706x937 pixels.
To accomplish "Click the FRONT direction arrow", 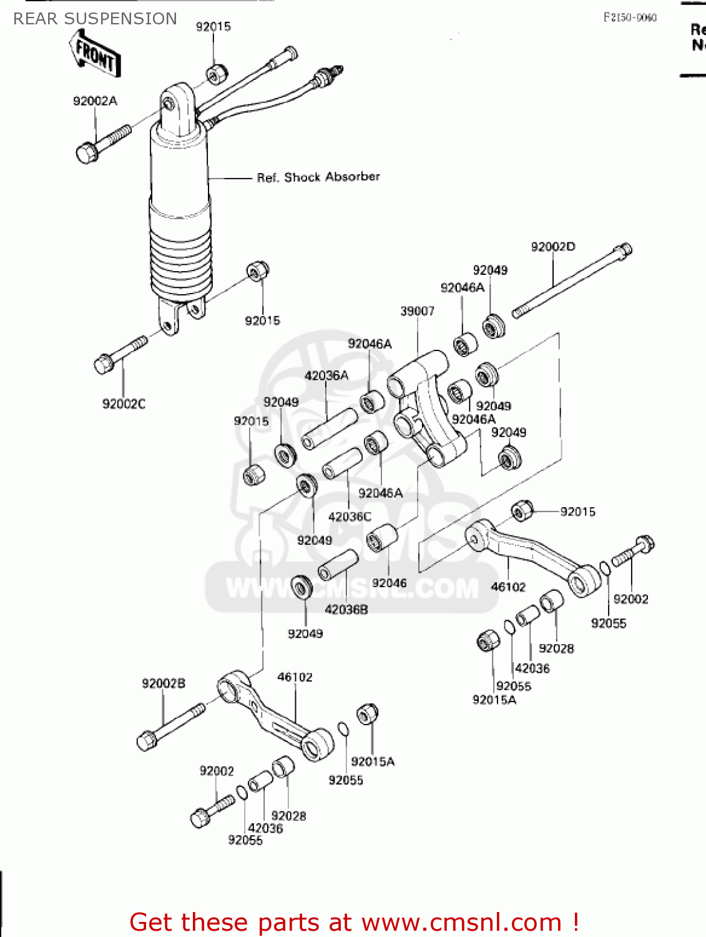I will point(96,56).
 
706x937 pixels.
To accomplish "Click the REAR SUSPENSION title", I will point(95,19).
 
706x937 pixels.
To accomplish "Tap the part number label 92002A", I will point(95,101).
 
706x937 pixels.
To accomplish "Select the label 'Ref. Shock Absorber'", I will point(318,177).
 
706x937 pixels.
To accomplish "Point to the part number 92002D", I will point(552,247).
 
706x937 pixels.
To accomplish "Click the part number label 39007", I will point(417,311).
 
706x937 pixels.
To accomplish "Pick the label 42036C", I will point(350,517).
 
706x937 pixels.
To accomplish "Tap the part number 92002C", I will point(124,404).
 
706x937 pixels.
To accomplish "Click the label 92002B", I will point(164,683).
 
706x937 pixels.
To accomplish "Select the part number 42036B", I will point(346,610).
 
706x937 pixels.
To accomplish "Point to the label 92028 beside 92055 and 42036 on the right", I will point(556,648).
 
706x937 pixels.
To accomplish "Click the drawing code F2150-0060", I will point(629,17).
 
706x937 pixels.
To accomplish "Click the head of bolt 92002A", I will point(87,152).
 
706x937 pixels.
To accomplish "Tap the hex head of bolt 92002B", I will point(147,741).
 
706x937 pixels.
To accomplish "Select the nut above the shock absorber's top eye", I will point(216,74).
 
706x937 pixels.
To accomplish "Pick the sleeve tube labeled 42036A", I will point(330,429).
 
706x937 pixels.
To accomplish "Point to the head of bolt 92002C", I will point(104,364).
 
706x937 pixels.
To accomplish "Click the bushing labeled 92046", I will point(382,538).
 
